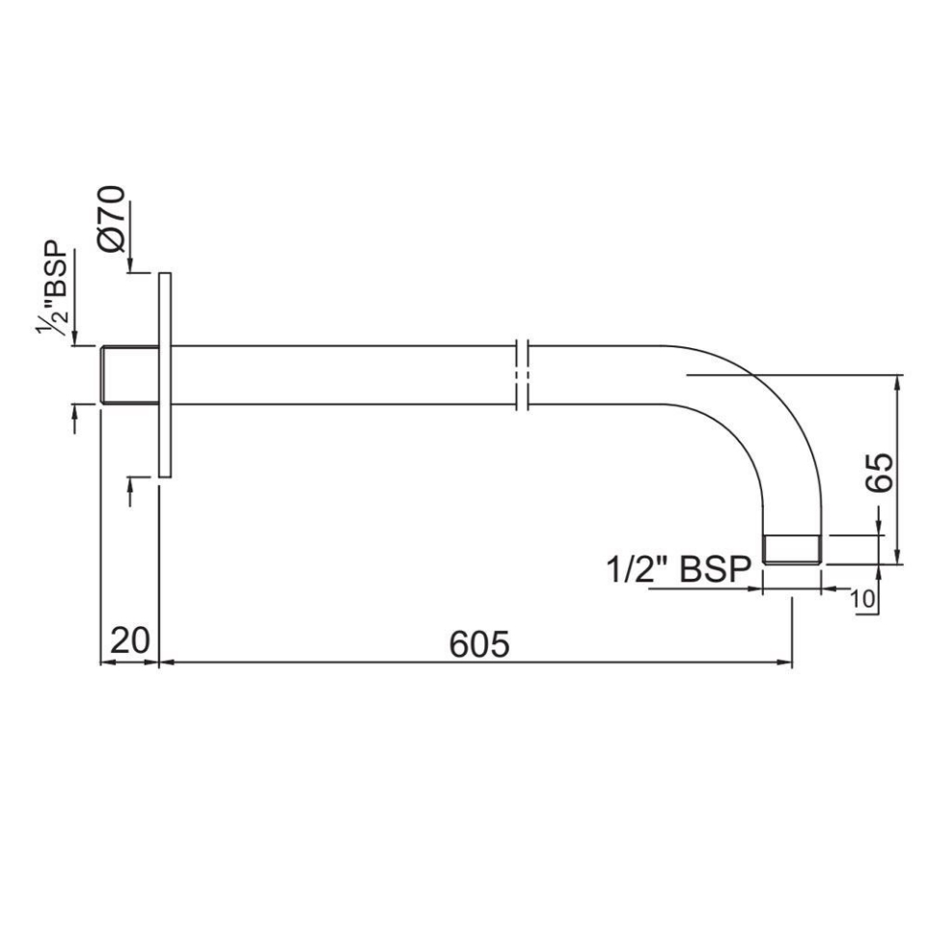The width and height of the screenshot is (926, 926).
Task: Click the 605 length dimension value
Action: pyautogui.click(x=479, y=643)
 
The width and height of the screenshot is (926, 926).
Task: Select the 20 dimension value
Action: pyautogui.click(x=129, y=641)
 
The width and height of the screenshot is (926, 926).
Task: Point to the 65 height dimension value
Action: pyautogui.click(x=880, y=472)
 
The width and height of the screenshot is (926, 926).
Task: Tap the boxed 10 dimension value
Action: pyautogui.click(x=864, y=599)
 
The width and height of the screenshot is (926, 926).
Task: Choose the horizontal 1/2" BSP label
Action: pyautogui.click(x=678, y=570)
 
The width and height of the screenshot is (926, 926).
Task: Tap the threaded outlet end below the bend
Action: pyautogui.click(x=791, y=549)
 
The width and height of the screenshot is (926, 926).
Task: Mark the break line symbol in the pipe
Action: pyautogui.click(x=523, y=374)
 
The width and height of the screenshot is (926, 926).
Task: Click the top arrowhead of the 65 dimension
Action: pyautogui.click(x=898, y=380)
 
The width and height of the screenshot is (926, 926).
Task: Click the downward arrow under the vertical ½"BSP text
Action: pyautogui.click(x=75, y=338)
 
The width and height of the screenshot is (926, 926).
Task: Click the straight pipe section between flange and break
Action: pyautogui.click(x=338, y=374)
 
